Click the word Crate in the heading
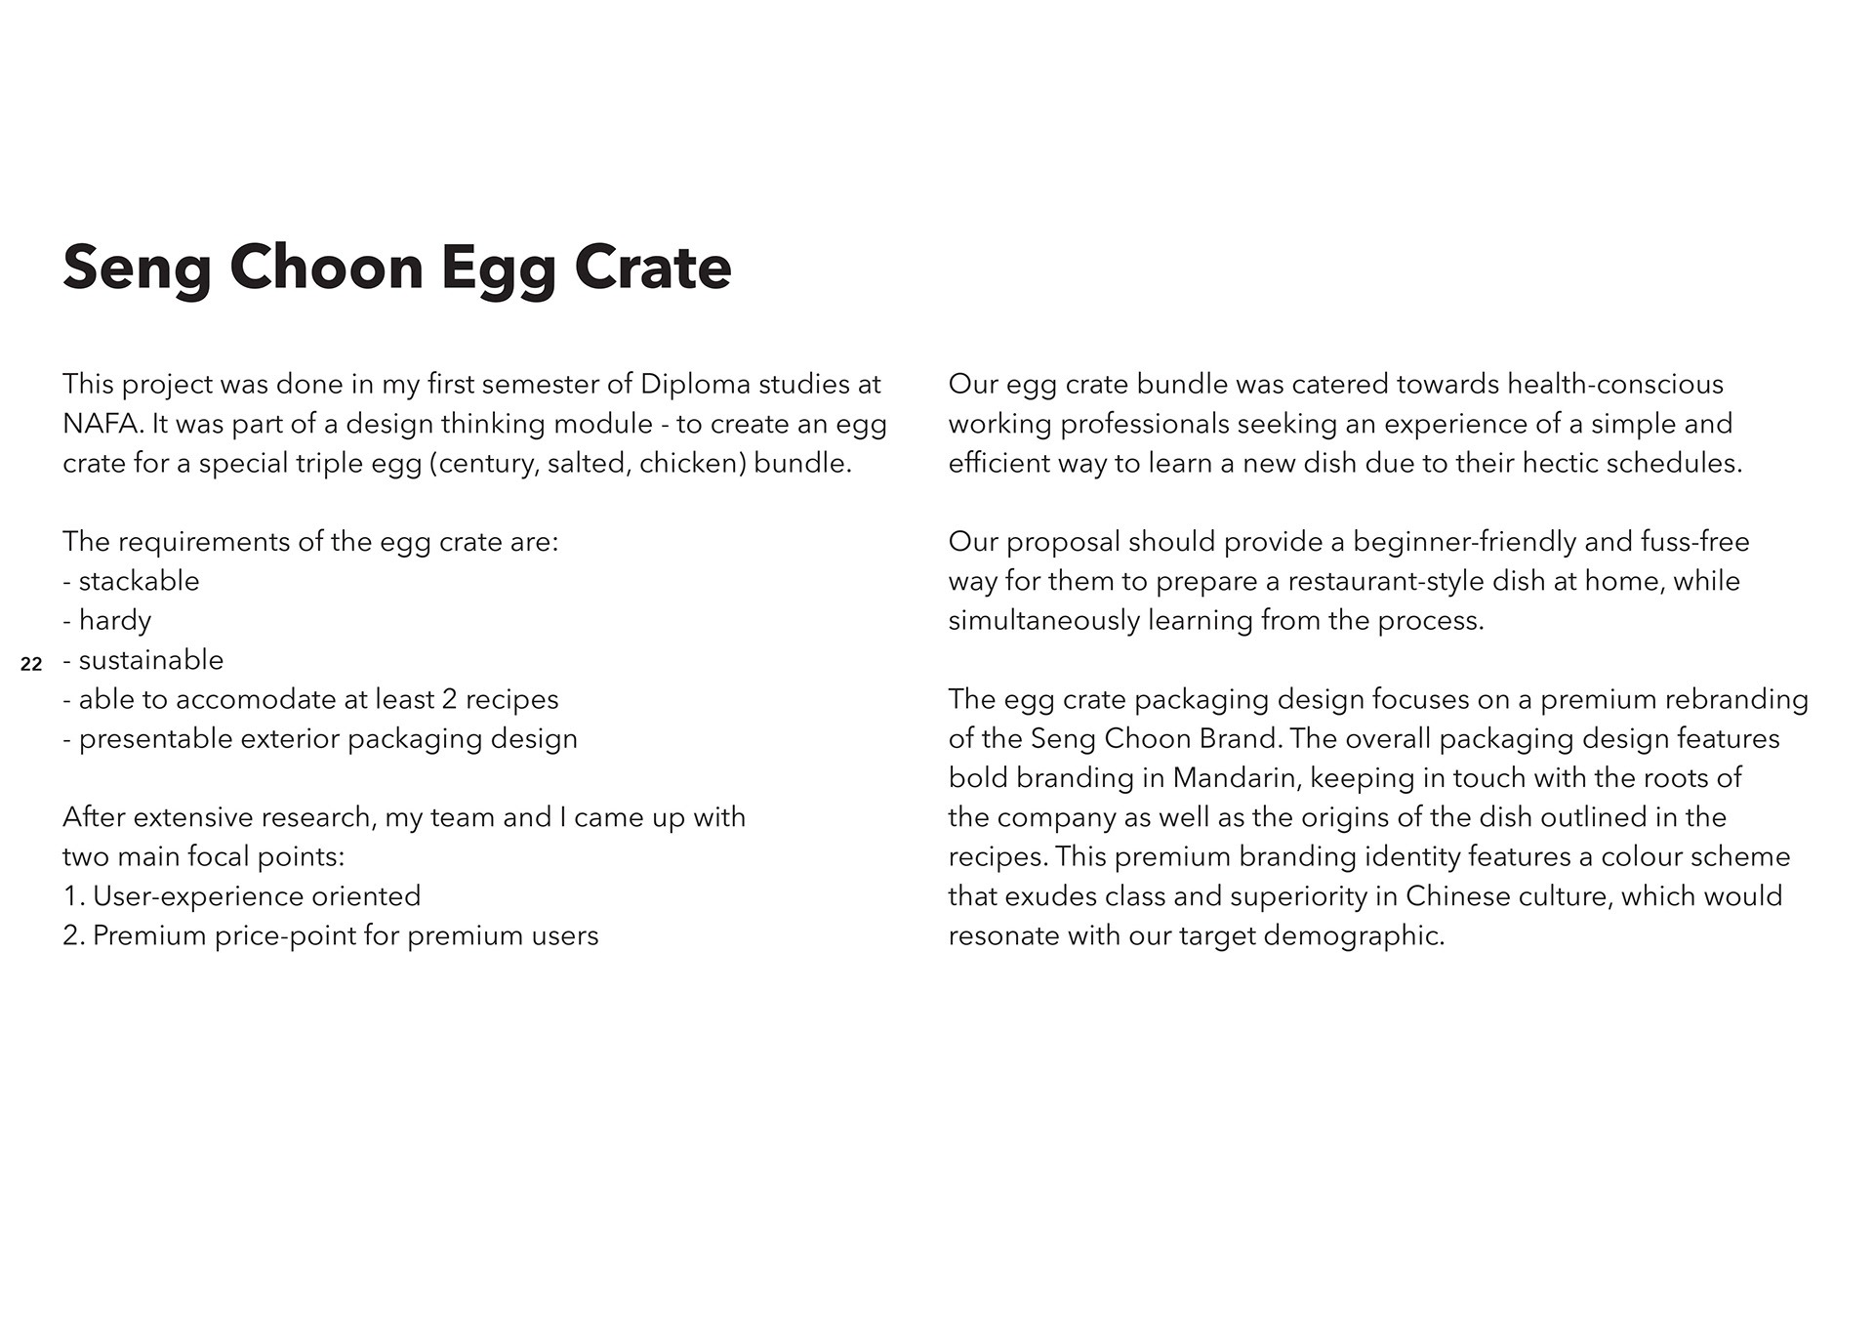coord(652,268)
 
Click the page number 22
coord(31,665)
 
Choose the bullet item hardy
coord(114,621)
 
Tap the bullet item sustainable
coord(150,660)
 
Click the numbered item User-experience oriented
coord(256,896)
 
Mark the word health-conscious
coord(1614,384)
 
